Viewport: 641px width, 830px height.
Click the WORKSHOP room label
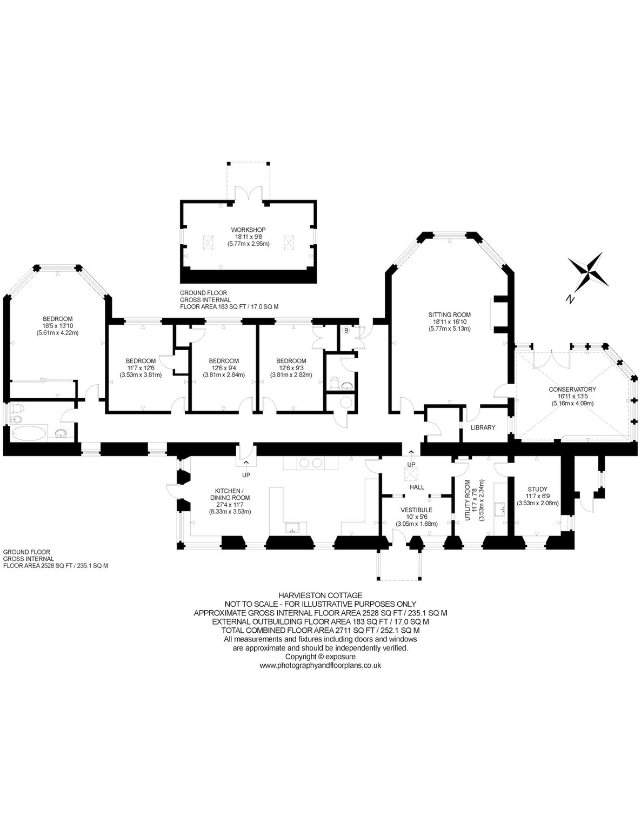[248, 230]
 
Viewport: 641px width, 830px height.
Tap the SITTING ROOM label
[449, 314]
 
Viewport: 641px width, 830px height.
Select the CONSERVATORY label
[572, 390]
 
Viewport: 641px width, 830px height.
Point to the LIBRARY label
[483, 427]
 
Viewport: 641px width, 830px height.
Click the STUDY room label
[537, 489]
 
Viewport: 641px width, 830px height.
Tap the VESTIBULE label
[416, 510]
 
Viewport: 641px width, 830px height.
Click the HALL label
[417, 487]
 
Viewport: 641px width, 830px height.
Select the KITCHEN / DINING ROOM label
[230, 494]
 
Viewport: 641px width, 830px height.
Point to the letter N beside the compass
[570, 299]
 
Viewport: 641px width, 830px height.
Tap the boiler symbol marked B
[346, 330]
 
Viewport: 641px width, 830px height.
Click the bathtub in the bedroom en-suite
[29, 433]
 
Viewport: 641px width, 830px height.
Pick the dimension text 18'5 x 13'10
[57, 326]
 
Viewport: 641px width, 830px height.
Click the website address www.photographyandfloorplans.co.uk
[320, 665]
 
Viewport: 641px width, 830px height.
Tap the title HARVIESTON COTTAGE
[320, 595]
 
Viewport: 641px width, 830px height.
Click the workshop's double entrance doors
[248, 193]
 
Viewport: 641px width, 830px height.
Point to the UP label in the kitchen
[246, 475]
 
